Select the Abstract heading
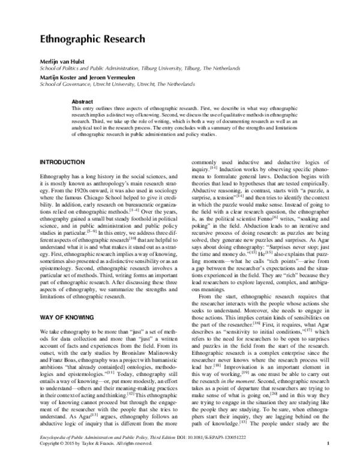coord(83,101)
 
